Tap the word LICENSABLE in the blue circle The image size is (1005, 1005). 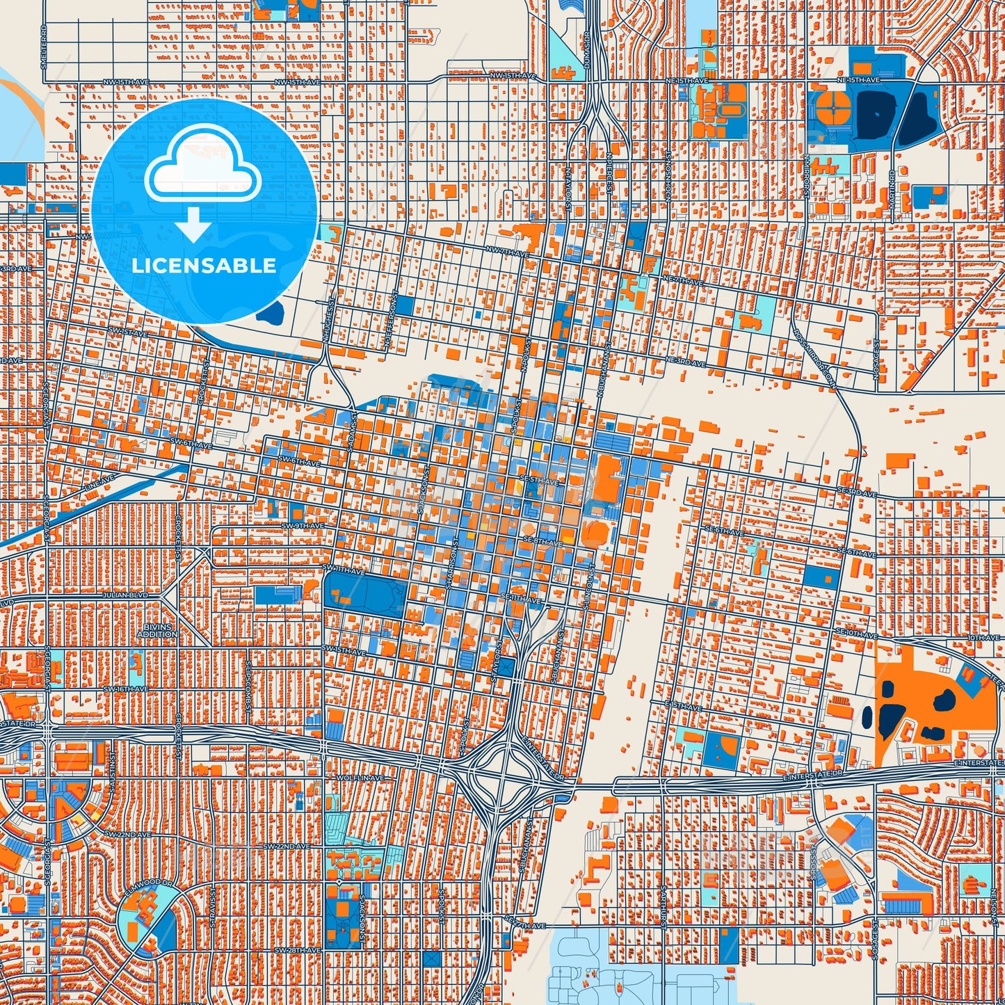204,266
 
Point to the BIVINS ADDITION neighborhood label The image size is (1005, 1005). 157,631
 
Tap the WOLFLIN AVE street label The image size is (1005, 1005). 360,777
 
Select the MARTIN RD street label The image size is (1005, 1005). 892,189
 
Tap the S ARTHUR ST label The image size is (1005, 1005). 665,905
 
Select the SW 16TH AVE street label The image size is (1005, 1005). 126,689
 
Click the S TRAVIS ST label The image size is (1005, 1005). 214,905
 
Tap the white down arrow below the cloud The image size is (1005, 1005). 194,225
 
